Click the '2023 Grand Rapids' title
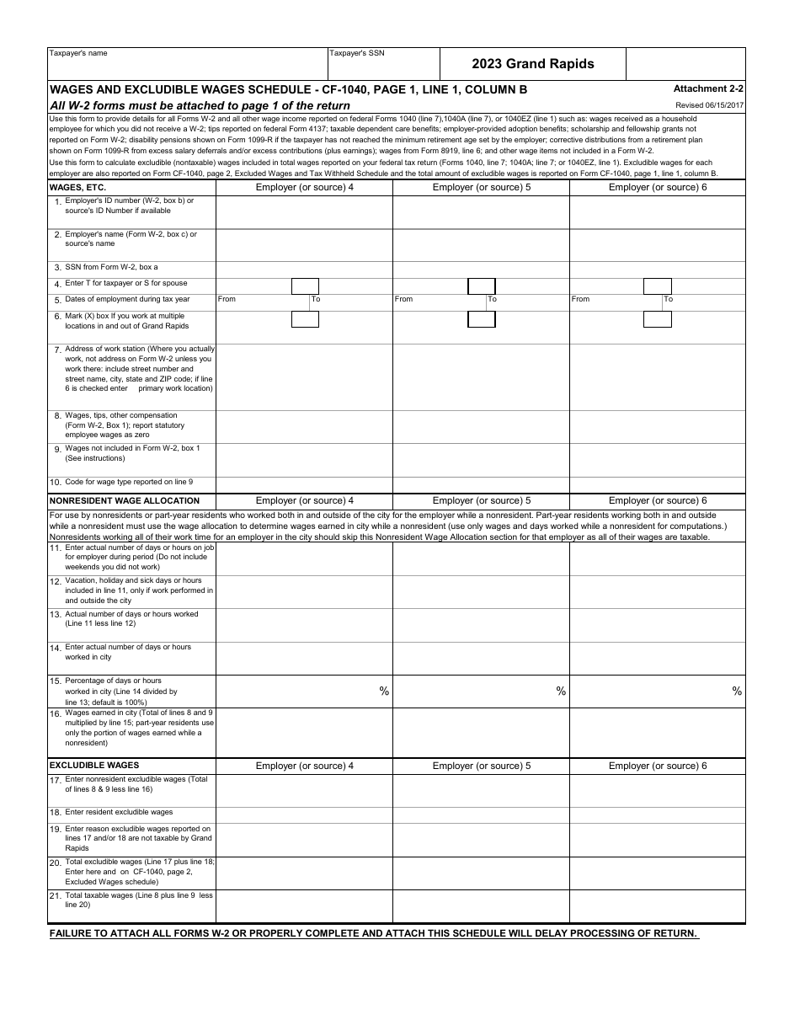[532, 64]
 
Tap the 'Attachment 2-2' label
[707, 88]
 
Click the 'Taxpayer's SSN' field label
[356, 53]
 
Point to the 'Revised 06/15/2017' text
[709, 105]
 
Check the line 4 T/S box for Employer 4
[305, 286]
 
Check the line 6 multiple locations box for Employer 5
[481, 319]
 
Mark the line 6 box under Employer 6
[657, 319]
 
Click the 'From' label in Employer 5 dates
[404, 299]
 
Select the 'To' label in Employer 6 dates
[668, 299]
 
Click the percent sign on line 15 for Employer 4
[384, 692]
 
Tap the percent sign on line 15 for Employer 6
[737, 692]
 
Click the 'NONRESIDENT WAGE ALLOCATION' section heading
[113, 501]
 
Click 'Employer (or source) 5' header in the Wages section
[481, 187]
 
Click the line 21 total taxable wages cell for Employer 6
[657, 906]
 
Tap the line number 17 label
[55, 781]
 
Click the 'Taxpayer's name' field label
[78, 53]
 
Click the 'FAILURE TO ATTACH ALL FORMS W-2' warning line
[373, 933]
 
